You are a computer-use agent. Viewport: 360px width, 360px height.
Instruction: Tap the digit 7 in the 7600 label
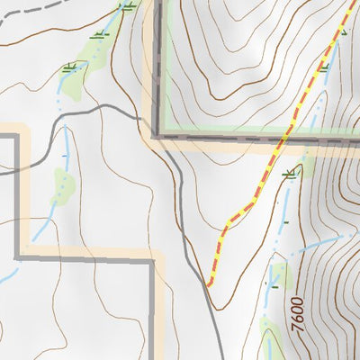[297, 330]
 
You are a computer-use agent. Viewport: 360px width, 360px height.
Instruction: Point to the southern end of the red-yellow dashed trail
[210, 283]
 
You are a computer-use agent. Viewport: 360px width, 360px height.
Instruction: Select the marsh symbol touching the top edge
[128, 6]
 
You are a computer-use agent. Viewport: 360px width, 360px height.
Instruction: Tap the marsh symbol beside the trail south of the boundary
[289, 174]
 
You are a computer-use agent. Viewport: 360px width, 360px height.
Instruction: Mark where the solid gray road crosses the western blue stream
[65, 112]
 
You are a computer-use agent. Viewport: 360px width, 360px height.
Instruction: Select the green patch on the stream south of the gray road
[62, 184]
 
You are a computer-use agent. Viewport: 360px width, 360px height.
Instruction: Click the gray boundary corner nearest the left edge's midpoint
[17, 135]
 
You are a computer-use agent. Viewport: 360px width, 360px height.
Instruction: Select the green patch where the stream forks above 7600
[278, 274]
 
